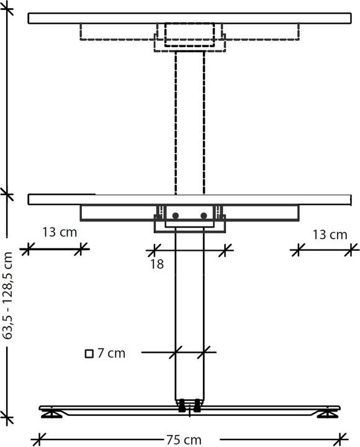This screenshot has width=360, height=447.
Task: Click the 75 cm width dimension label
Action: click(183, 440)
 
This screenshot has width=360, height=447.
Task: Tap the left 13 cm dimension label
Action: click(60, 233)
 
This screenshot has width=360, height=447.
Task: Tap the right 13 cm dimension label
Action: click(330, 235)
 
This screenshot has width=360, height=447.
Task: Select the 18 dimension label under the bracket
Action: click(156, 264)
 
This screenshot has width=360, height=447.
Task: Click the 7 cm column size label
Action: click(111, 354)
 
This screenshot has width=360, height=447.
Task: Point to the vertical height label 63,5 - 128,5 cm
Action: click(9, 294)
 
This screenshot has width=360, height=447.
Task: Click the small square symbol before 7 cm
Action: click(89, 354)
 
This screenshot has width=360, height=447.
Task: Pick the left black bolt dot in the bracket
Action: click(176, 215)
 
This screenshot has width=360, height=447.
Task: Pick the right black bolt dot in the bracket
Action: click(204, 215)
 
